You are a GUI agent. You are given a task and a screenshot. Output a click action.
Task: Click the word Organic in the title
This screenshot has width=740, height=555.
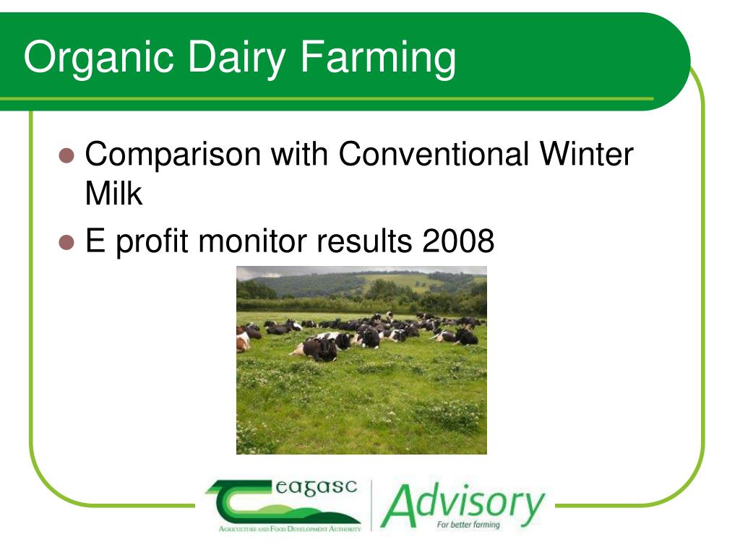[x=98, y=58]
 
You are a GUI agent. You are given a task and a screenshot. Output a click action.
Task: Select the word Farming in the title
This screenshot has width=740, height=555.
[x=378, y=58]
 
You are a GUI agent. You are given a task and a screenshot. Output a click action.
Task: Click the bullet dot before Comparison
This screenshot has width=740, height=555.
[x=66, y=155]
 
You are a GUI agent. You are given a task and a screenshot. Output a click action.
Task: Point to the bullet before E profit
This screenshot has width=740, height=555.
[x=66, y=242]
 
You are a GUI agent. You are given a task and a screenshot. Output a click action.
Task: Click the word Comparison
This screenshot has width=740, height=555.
[x=173, y=155]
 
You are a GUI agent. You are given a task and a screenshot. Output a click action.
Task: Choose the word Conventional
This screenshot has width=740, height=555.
[x=434, y=155]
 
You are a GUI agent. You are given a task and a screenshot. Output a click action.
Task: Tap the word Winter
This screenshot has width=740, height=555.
[x=586, y=155]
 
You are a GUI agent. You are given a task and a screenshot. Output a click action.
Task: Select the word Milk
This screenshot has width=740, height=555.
[x=113, y=193]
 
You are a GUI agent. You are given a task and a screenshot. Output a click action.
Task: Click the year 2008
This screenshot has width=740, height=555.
[x=458, y=241]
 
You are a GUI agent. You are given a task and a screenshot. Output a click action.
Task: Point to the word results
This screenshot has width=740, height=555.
[x=364, y=241]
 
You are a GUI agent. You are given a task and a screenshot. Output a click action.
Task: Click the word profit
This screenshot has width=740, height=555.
[x=152, y=242]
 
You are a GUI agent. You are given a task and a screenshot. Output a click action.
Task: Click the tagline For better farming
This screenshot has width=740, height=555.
[x=468, y=525]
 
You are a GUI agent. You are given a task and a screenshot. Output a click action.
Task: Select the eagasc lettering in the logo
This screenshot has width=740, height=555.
[x=317, y=488]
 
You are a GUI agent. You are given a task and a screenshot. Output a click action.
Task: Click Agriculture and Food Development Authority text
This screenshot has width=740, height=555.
[x=290, y=529]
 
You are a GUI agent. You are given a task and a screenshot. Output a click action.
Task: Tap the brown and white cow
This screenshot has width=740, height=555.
[x=243, y=340]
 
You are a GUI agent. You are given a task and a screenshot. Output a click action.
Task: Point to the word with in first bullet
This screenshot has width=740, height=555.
[x=299, y=155]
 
